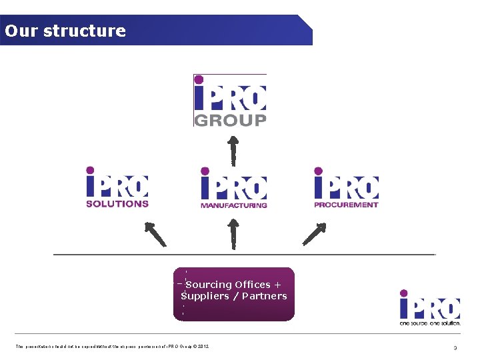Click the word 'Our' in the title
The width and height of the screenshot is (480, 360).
tap(19, 31)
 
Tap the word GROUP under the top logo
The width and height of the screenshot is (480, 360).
tap(230, 120)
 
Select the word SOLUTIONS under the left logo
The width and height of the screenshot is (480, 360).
tap(117, 204)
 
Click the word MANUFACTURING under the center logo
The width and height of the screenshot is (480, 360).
tap(233, 205)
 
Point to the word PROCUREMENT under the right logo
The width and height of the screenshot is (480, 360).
tap(346, 205)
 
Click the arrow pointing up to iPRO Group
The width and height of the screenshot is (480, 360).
tap(233, 151)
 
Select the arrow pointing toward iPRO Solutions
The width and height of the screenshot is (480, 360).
tap(155, 234)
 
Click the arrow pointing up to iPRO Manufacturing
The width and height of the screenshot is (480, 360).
tap(233, 233)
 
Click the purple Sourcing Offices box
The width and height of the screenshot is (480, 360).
tap(233, 294)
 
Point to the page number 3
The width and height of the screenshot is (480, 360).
tap(455, 347)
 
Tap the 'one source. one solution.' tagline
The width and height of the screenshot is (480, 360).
tap(429, 322)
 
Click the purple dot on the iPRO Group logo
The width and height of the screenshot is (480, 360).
tap(198, 79)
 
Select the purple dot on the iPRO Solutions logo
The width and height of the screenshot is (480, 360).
tap(90, 171)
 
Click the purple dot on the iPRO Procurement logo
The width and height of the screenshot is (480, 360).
tap(319, 171)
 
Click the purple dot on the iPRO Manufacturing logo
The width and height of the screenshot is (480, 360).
tap(205, 171)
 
